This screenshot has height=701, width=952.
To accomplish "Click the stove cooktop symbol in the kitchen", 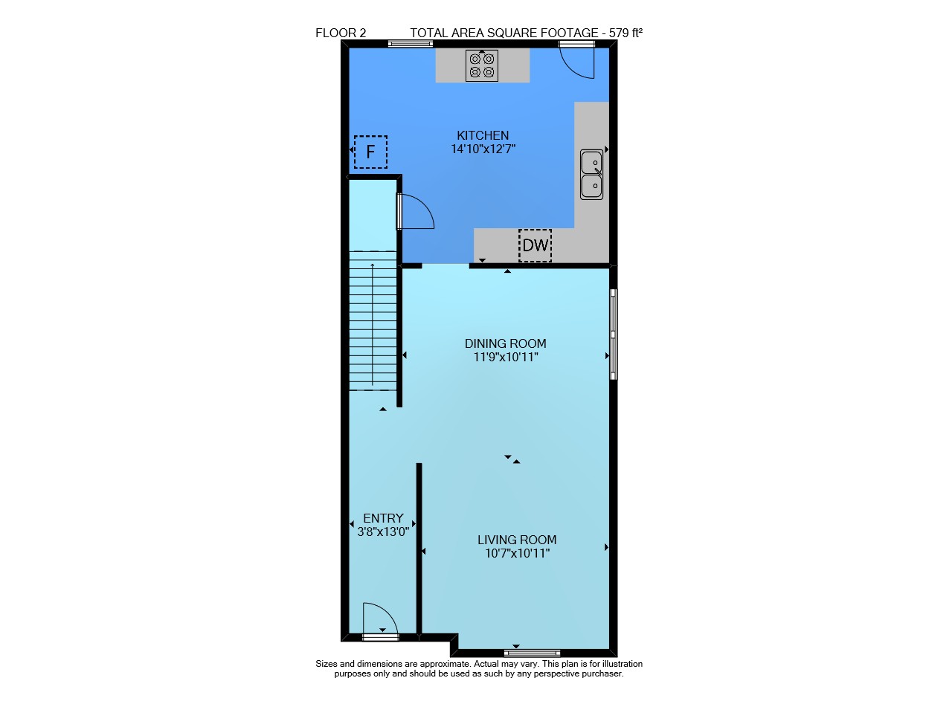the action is coord(481,65).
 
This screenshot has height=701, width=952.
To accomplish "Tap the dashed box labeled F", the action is coord(370,152).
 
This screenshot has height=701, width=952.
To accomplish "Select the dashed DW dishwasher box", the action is coord(535,245).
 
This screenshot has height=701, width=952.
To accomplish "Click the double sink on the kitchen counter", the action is coord(591,174).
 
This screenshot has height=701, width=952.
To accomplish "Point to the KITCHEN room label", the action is coord(483,135).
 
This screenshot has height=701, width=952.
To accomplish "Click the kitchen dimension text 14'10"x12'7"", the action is coord(483,149).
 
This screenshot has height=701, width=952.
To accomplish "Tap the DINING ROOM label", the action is coord(505,343).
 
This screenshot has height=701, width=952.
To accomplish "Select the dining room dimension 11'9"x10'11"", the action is coord(506,358).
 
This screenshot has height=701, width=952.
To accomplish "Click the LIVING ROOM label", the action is coord(517,540).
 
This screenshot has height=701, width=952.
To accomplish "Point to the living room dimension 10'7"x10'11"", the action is coord(517,554).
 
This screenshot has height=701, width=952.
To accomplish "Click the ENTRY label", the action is coord(383,518).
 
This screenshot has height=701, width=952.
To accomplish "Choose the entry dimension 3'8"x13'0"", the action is coord(383,532).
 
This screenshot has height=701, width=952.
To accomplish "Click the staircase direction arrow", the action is coord(373,324).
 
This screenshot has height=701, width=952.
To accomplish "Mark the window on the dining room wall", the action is coord(614,335).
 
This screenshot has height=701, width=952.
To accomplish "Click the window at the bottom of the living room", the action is coord(532,653).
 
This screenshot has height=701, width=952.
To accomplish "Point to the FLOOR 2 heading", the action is coord(341,33).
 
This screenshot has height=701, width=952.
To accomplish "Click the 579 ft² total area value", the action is coord(625,33).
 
